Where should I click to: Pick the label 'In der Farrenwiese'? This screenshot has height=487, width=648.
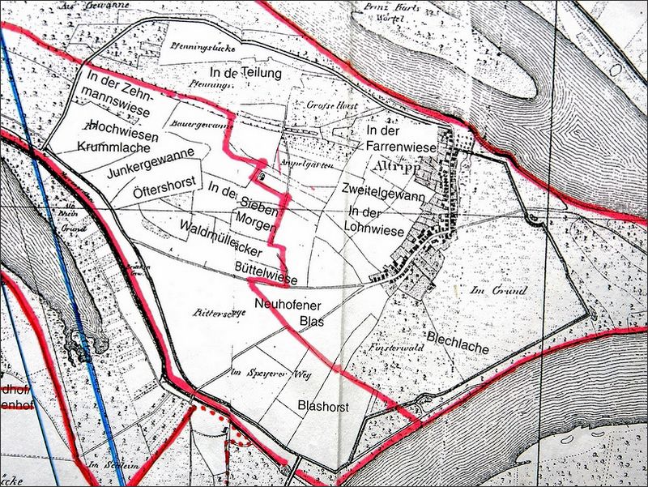point(401,139)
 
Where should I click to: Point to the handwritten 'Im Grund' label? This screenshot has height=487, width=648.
point(499,290)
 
